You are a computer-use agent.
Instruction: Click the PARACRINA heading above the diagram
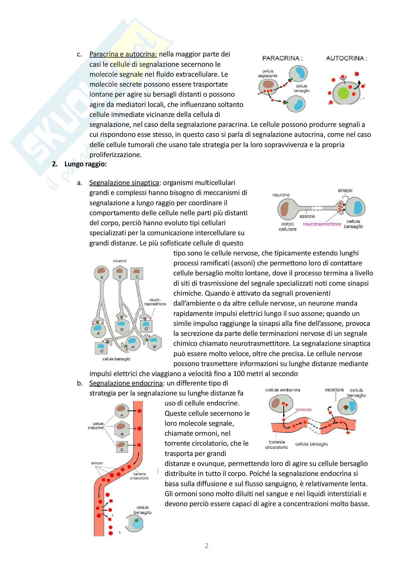pyautogui.click(x=282, y=58)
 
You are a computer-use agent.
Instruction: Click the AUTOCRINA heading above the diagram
pyautogui.click(x=346, y=58)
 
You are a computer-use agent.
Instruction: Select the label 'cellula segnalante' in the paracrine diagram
pyautogui.click(x=267, y=73)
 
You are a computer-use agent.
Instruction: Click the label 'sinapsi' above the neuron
pyautogui.click(x=345, y=190)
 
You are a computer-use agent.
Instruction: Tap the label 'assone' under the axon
pyautogui.click(x=307, y=216)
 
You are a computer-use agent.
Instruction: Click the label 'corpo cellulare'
pyautogui.click(x=288, y=226)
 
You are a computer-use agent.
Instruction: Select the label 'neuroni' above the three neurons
pyautogui.click(x=120, y=261)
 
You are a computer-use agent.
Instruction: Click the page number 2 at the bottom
pyautogui.click(x=206, y=545)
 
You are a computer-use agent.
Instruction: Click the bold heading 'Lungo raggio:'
pyautogui.click(x=85, y=164)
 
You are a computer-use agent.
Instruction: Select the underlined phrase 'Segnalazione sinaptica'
pyautogui.click(x=124, y=183)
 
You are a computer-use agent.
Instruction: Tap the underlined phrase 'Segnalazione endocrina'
pyautogui.click(x=126, y=383)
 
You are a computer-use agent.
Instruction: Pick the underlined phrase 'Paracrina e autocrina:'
pyautogui.click(x=123, y=54)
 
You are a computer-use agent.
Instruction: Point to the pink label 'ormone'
pyautogui.click(x=304, y=409)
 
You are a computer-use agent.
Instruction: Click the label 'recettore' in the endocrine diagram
pyautogui.click(x=334, y=390)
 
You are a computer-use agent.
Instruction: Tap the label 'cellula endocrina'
pyautogui.click(x=283, y=390)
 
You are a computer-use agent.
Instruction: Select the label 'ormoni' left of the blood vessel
pyautogui.click(x=97, y=463)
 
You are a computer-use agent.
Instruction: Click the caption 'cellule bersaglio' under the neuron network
pyautogui.click(x=116, y=359)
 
